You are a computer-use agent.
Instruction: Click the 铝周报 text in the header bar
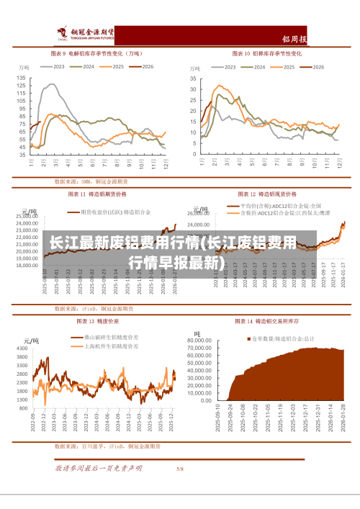[x=315, y=39]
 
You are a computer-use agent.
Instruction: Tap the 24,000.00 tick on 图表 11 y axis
[x=26, y=215]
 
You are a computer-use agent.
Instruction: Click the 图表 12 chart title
[x=269, y=194]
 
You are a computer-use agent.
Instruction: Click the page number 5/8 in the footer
[x=180, y=469]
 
